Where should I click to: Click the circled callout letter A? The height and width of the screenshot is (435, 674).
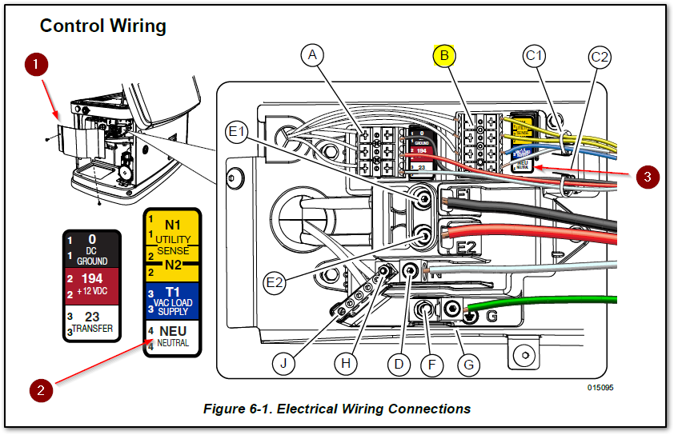coord(314,55)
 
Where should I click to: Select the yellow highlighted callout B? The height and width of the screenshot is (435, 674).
coord(444,55)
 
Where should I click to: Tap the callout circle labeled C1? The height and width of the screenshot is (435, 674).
coord(535,55)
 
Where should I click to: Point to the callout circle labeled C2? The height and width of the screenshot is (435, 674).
coord(600,57)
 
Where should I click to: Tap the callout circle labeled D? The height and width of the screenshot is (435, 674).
coord(399,364)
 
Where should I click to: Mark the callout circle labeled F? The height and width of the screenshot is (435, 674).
coord(431,365)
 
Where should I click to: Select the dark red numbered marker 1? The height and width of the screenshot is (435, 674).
coord(34,64)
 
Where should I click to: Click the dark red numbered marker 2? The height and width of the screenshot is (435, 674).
coord(42,389)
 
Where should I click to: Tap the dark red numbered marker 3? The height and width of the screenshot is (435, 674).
coord(648,177)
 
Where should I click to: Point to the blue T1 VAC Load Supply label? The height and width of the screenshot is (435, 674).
coord(172,300)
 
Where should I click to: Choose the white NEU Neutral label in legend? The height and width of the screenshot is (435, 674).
coord(172,335)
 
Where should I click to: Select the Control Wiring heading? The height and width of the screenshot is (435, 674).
coord(102,26)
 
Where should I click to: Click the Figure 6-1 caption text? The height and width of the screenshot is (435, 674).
coord(336,409)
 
